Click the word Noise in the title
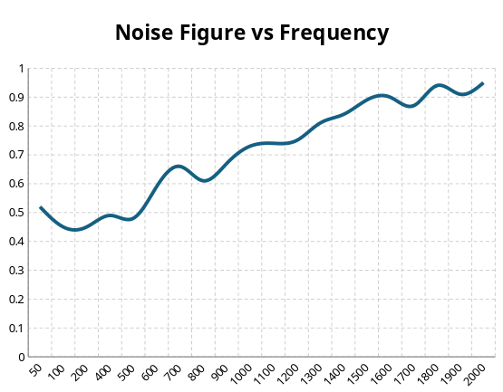144,33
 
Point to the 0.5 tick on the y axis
16,213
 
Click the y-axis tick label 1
22,68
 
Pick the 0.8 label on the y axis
16,126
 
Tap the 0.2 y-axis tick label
16,299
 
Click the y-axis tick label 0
22,357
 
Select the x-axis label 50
35,369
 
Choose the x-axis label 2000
476,374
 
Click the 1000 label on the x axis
241,374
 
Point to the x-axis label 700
174,372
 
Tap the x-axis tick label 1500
358,374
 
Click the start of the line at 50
41,207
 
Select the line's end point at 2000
483,83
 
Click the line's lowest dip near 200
75,229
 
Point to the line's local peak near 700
179,167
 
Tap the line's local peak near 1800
440,85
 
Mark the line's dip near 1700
411,106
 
